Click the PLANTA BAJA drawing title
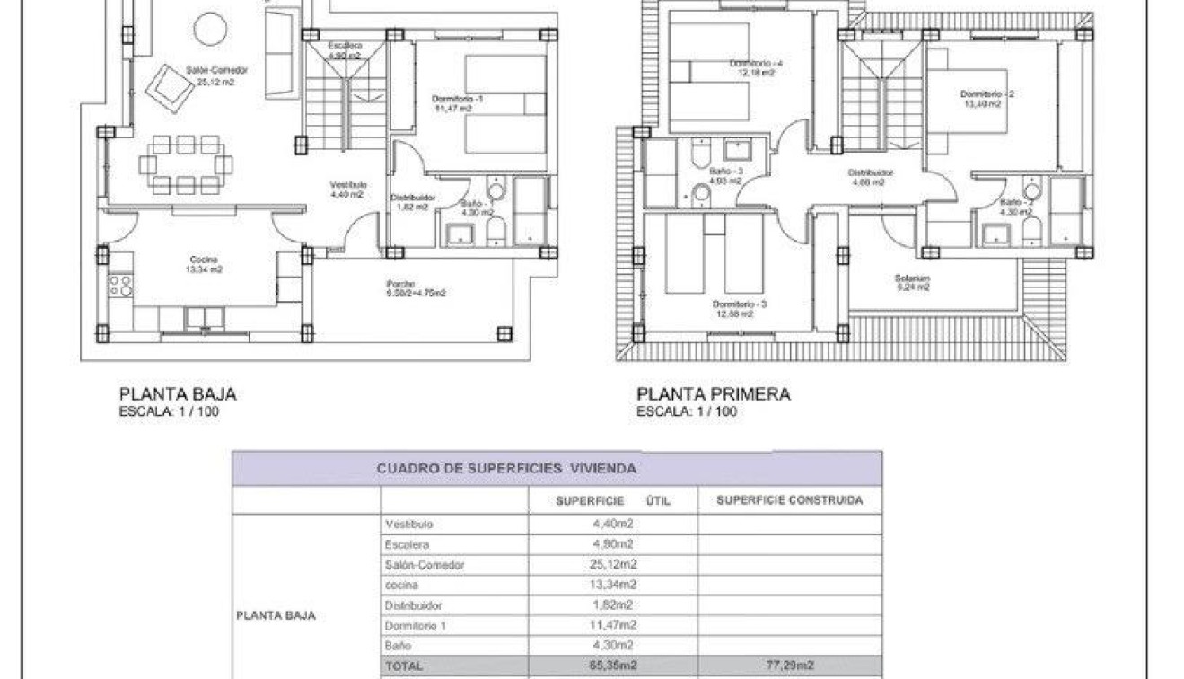pyautogui.click(x=178, y=393)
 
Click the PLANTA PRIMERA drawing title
pyautogui.click(x=714, y=393)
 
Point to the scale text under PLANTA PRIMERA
pyautogui.click(x=687, y=412)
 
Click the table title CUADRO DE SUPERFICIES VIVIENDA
pyautogui.click(x=506, y=468)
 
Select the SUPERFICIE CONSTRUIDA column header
pyautogui.click(x=789, y=500)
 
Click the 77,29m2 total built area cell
pyautogui.click(x=789, y=666)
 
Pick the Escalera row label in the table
pyautogui.click(x=407, y=544)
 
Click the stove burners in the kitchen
pyautogui.click(x=120, y=286)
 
